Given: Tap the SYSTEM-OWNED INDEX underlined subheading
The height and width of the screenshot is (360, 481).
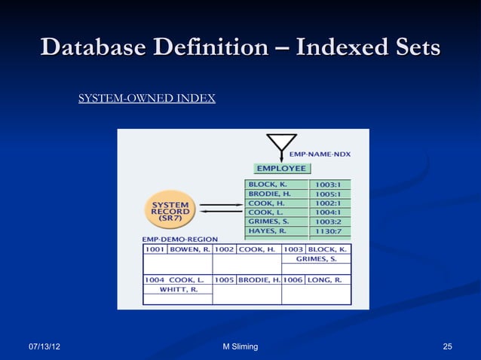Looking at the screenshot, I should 147,99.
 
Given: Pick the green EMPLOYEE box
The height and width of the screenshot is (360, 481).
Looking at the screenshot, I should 282,169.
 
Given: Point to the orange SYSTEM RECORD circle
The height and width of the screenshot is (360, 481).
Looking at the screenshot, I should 170,209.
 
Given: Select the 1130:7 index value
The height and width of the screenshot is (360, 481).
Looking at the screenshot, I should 328,231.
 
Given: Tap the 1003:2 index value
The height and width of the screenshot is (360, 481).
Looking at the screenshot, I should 328,221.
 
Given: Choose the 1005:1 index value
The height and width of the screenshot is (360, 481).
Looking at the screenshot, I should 328,194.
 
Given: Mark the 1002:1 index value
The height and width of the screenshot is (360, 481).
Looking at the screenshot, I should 328,203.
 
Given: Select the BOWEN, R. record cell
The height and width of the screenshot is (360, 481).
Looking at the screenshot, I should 185,249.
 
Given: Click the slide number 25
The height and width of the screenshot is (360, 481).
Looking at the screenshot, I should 448,346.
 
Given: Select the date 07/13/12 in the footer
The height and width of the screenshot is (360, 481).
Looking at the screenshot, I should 45,346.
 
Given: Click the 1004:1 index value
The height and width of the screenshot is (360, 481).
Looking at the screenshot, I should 328,212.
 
